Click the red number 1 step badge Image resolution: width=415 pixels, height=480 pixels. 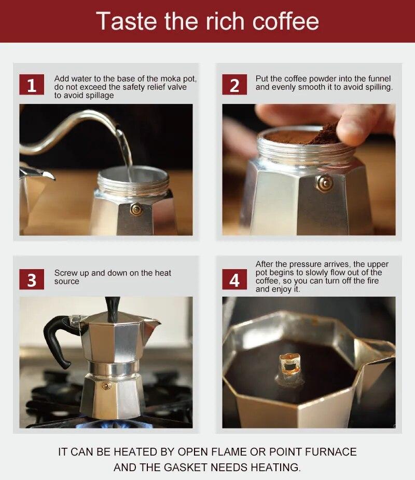(32, 85)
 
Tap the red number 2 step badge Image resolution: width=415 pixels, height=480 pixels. (234, 85)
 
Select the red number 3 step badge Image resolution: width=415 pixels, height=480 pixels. (32, 279)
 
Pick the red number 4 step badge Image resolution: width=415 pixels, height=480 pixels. (234, 279)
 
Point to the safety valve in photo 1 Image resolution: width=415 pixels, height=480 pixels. (136, 209)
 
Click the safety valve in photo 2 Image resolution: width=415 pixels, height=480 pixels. (325, 183)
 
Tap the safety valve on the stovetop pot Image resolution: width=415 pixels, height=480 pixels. (106, 386)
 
